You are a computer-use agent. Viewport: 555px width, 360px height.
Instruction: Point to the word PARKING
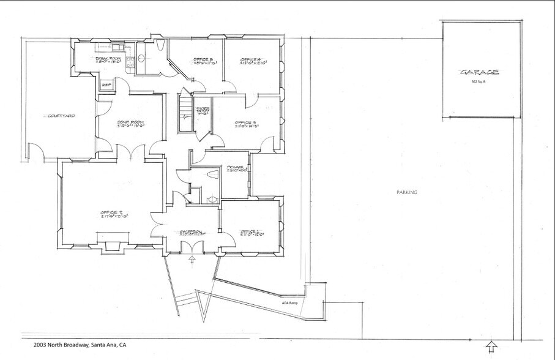tap(406, 192)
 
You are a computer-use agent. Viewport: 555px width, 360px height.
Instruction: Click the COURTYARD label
tap(61, 115)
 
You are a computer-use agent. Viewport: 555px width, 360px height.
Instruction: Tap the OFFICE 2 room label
tap(114, 214)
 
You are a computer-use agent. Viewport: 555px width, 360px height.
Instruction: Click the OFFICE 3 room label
tap(246, 124)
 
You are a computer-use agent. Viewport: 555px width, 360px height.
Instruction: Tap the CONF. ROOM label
tap(130, 124)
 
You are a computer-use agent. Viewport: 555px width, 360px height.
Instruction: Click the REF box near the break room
tap(105, 84)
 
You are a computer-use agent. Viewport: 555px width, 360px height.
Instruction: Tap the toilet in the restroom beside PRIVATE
tap(212, 176)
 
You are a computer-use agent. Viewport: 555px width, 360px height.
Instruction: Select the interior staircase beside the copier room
tap(185, 112)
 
